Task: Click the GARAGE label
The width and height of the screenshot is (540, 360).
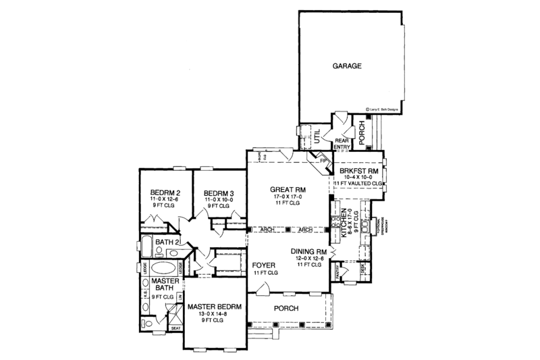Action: pyautogui.click(x=348, y=67)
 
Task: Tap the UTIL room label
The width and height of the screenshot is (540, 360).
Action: pyautogui.click(x=315, y=136)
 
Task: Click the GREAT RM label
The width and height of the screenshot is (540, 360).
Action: pyautogui.click(x=289, y=190)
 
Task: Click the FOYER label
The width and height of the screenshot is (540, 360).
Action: pyautogui.click(x=263, y=265)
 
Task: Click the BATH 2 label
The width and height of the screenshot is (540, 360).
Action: pyautogui.click(x=166, y=241)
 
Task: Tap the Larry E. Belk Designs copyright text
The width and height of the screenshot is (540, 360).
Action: pyautogui.click(x=383, y=107)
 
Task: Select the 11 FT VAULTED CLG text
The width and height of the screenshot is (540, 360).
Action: pyautogui.click(x=358, y=183)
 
